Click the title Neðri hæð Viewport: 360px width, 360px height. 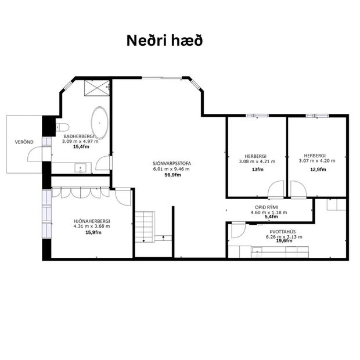click(x=165, y=41)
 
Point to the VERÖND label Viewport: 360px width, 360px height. click(x=24, y=142)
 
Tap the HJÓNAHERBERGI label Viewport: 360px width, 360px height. click(x=92, y=221)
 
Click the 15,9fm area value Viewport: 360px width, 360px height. click(x=93, y=232)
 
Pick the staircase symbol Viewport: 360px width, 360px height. click(x=146, y=226)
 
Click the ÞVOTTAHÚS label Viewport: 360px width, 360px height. click(x=284, y=231)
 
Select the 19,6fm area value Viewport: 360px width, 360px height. click(x=285, y=242)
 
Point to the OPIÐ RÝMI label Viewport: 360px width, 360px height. click(x=268, y=207)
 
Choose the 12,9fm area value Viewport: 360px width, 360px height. click(x=318, y=170)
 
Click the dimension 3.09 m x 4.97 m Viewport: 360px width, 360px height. click(x=80, y=141)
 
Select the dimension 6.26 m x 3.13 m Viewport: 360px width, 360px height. click(x=284, y=237)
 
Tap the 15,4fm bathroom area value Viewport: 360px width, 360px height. click(x=80, y=147)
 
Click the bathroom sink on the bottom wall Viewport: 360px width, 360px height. click(x=80, y=168)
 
